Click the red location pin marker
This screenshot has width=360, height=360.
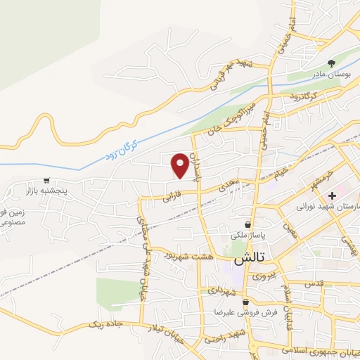180,165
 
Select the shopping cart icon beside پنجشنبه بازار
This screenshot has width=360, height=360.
47,180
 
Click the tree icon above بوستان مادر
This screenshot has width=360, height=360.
331,63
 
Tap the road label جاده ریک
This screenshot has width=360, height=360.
101,324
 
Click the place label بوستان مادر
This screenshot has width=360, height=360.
330,74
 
